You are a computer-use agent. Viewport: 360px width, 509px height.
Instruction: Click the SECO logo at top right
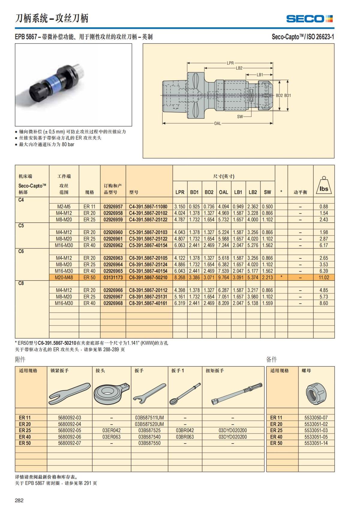click(309, 19)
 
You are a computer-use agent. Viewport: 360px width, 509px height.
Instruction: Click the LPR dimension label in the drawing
click(230, 63)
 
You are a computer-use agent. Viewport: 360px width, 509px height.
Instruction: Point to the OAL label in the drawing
click(217, 123)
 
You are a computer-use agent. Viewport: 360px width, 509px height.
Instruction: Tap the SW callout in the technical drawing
click(240, 117)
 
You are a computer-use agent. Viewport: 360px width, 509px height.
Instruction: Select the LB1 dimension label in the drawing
click(259, 75)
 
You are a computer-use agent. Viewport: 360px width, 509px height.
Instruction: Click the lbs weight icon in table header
click(324, 187)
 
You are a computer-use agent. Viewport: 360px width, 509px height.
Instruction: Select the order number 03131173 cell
click(113, 278)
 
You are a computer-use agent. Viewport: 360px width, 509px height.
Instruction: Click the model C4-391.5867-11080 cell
click(148, 207)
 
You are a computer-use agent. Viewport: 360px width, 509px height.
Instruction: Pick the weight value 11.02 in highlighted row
click(324, 278)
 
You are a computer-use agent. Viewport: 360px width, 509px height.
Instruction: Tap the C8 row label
click(21, 283)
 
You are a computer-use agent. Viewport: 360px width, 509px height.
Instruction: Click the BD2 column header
click(209, 192)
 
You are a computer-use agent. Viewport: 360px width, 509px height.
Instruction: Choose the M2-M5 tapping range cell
click(64, 207)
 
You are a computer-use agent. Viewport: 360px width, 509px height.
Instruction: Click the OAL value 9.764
click(223, 278)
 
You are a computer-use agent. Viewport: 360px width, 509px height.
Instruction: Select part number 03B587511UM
click(149, 418)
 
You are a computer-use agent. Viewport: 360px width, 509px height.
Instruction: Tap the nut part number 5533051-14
click(316, 443)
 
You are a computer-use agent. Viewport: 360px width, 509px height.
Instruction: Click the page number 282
click(19, 500)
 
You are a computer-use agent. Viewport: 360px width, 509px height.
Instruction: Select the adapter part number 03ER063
click(111, 437)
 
